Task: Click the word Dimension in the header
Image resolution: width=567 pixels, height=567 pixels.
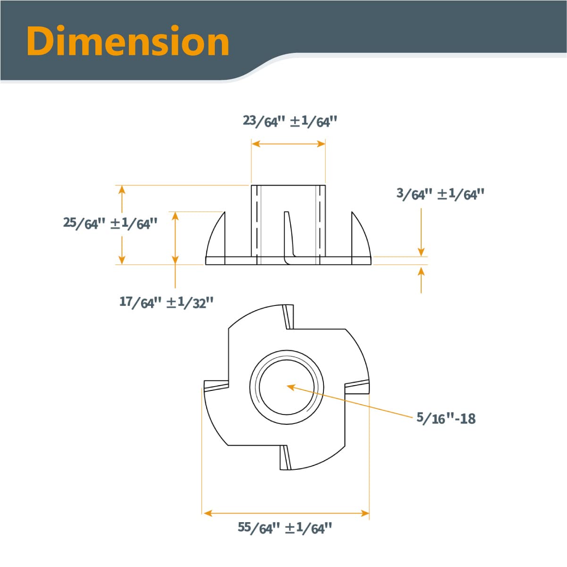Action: pyautogui.click(x=128, y=42)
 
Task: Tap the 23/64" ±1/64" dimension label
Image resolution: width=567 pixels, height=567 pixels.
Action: pyautogui.click(x=290, y=121)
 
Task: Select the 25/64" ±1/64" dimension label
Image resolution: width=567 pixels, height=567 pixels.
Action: pyautogui.click(x=110, y=223)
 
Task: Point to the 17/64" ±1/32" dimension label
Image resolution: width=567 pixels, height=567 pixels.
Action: pyautogui.click(x=166, y=302)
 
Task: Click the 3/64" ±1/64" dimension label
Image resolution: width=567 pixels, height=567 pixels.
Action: pyautogui.click(x=440, y=194)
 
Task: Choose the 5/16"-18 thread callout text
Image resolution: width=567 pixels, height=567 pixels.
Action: pyautogui.click(x=446, y=418)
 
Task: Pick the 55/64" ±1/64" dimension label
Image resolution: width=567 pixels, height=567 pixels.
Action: pyautogui.click(x=285, y=528)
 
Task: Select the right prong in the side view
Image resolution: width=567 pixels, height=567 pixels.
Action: pyautogui.click(x=360, y=236)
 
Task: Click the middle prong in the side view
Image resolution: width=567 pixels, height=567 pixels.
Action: pyautogui.click(x=288, y=236)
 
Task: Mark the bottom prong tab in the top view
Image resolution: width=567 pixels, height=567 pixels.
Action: pyautogui.click(x=285, y=457)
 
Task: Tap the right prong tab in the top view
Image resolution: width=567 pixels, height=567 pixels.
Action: pyautogui.click(x=357, y=387)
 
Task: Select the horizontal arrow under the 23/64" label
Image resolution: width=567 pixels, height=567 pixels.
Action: pyautogui.click(x=288, y=144)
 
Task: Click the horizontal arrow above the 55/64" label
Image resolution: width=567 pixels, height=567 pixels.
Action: pyautogui.click(x=286, y=513)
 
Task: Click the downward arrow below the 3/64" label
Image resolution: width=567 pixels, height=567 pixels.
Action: pyautogui.click(x=421, y=231)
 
